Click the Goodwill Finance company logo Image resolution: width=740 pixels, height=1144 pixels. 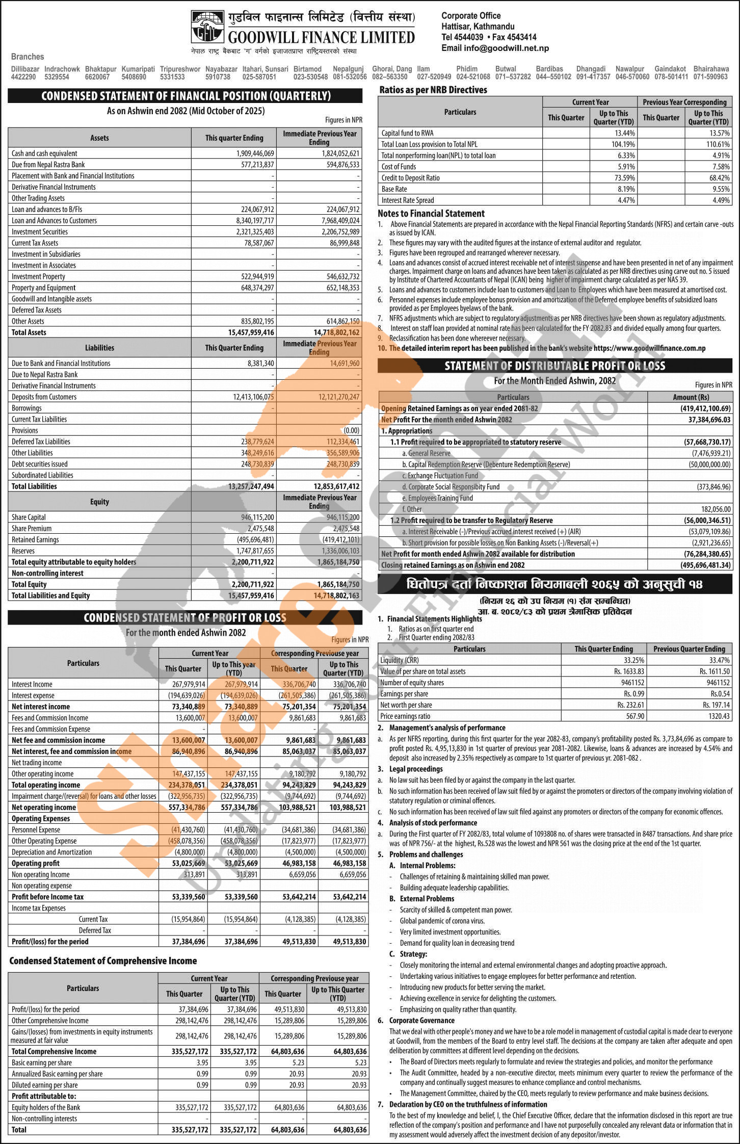coord(207,27)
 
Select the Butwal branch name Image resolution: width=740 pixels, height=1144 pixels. coord(506,69)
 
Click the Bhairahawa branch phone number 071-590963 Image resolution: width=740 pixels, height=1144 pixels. coord(710,77)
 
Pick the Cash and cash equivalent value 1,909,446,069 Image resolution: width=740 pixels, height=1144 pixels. coord(255,153)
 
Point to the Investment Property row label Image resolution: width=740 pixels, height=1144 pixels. coord(38,277)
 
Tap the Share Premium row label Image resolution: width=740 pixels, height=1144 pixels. coord(32,529)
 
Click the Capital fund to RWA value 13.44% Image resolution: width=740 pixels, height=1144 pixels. coord(624,133)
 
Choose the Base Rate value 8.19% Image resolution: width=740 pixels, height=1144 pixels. coord(626,189)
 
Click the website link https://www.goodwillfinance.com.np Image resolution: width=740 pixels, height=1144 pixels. coord(650,348)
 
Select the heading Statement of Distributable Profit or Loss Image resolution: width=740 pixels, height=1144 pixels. coord(554,366)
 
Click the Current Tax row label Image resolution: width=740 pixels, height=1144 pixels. coord(93,919)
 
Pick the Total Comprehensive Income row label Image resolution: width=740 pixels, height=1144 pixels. coord(54,1051)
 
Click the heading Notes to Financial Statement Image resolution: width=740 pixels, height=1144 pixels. coord(431,214)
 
